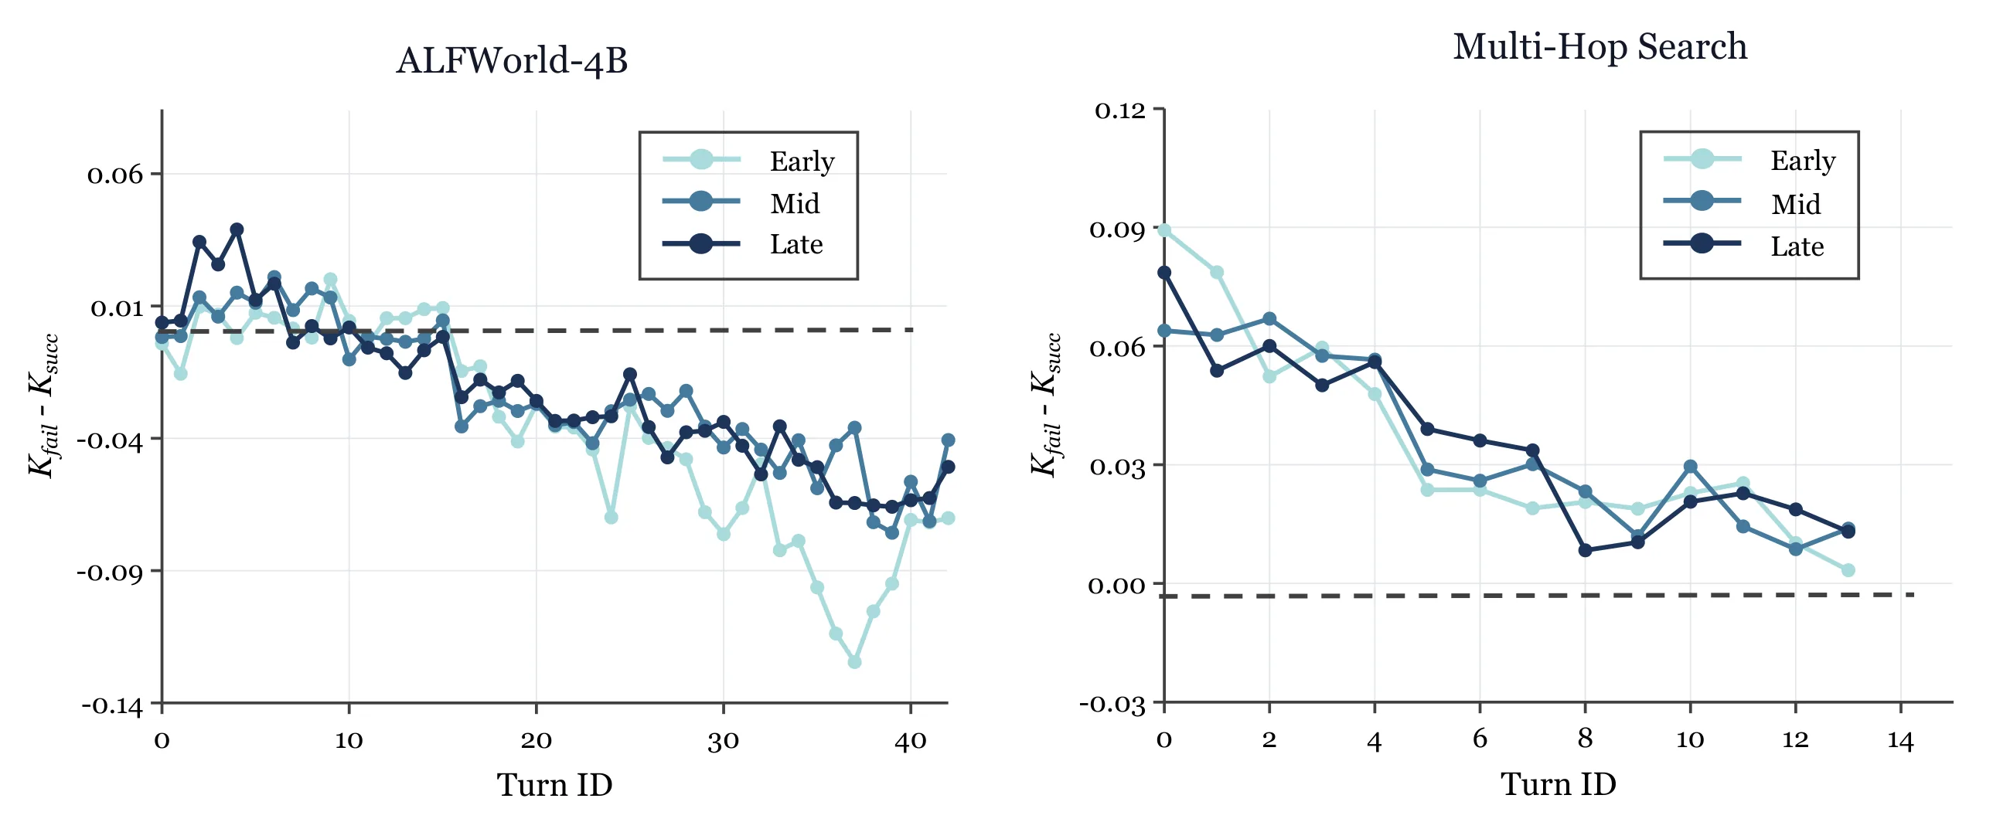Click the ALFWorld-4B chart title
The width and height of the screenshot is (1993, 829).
pyautogui.click(x=513, y=60)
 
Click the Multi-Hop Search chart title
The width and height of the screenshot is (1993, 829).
pyautogui.click(x=1600, y=46)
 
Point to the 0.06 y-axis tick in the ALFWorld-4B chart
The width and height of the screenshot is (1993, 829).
pyautogui.click(x=115, y=175)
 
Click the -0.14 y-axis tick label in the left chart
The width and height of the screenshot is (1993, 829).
pyautogui.click(x=112, y=705)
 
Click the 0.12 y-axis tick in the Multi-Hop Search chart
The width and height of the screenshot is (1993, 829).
pyautogui.click(x=1120, y=110)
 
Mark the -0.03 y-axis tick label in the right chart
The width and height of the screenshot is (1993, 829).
pyautogui.click(x=1112, y=704)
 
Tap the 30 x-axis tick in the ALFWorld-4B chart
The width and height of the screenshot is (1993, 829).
pyautogui.click(x=724, y=741)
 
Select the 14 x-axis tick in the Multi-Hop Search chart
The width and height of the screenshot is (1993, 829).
pyautogui.click(x=1900, y=740)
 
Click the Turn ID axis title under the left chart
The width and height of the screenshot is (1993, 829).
pyautogui.click(x=555, y=785)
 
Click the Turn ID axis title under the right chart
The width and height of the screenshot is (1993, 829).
pyautogui.click(x=1559, y=784)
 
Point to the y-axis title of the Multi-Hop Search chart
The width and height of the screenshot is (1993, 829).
pyautogui.click(x=1045, y=405)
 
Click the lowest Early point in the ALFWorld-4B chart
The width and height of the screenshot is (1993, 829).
pyautogui.click(x=855, y=663)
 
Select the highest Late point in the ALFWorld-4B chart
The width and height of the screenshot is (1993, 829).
pyautogui.click(x=237, y=229)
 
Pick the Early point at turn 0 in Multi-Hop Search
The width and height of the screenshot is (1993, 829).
pyautogui.click(x=1164, y=230)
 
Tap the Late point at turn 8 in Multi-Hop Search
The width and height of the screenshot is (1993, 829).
pyautogui.click(x=1586, y=551)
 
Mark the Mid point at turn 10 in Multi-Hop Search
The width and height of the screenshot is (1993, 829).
pyautogui.click(x=1691, y=467)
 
